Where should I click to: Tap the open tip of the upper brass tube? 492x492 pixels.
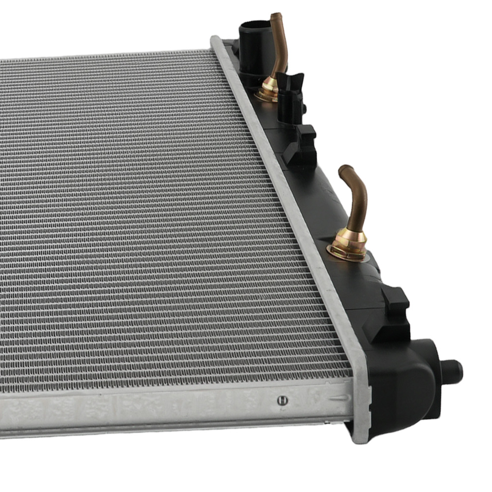[x=276, y=17]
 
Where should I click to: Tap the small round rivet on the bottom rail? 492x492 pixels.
[x=282, y=400]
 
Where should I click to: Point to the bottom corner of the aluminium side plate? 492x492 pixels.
[x=362, y=433]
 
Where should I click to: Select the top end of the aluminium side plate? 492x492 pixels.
[x=217, y=42]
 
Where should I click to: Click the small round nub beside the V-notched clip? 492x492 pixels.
[x=304, y=107]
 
